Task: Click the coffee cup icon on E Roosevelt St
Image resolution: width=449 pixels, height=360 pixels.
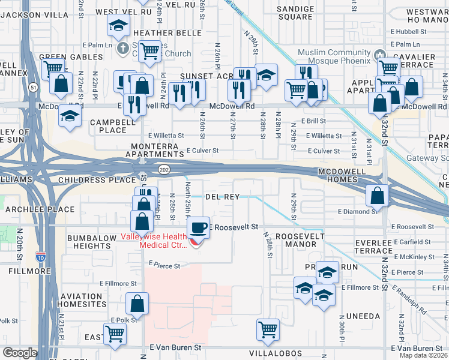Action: click(198, 227)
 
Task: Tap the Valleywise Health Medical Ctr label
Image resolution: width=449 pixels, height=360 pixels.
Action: click(160, 240)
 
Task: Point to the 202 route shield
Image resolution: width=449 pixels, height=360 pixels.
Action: click(163, 170)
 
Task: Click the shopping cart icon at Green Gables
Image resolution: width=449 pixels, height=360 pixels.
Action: click(53, 68)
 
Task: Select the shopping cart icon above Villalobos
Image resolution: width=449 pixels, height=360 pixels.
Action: click(268, 328)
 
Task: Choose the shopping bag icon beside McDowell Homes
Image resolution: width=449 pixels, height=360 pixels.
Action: click(376, 195)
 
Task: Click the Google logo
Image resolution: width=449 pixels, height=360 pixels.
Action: click(20, 353)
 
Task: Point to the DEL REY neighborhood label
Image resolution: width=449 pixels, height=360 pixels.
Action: click(223, 196)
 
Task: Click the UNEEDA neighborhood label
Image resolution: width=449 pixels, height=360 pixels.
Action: click(359, 316)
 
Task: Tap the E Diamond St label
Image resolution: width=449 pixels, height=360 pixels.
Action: click(357, 211)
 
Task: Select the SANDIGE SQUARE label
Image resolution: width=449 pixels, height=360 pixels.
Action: click(295, 13)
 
